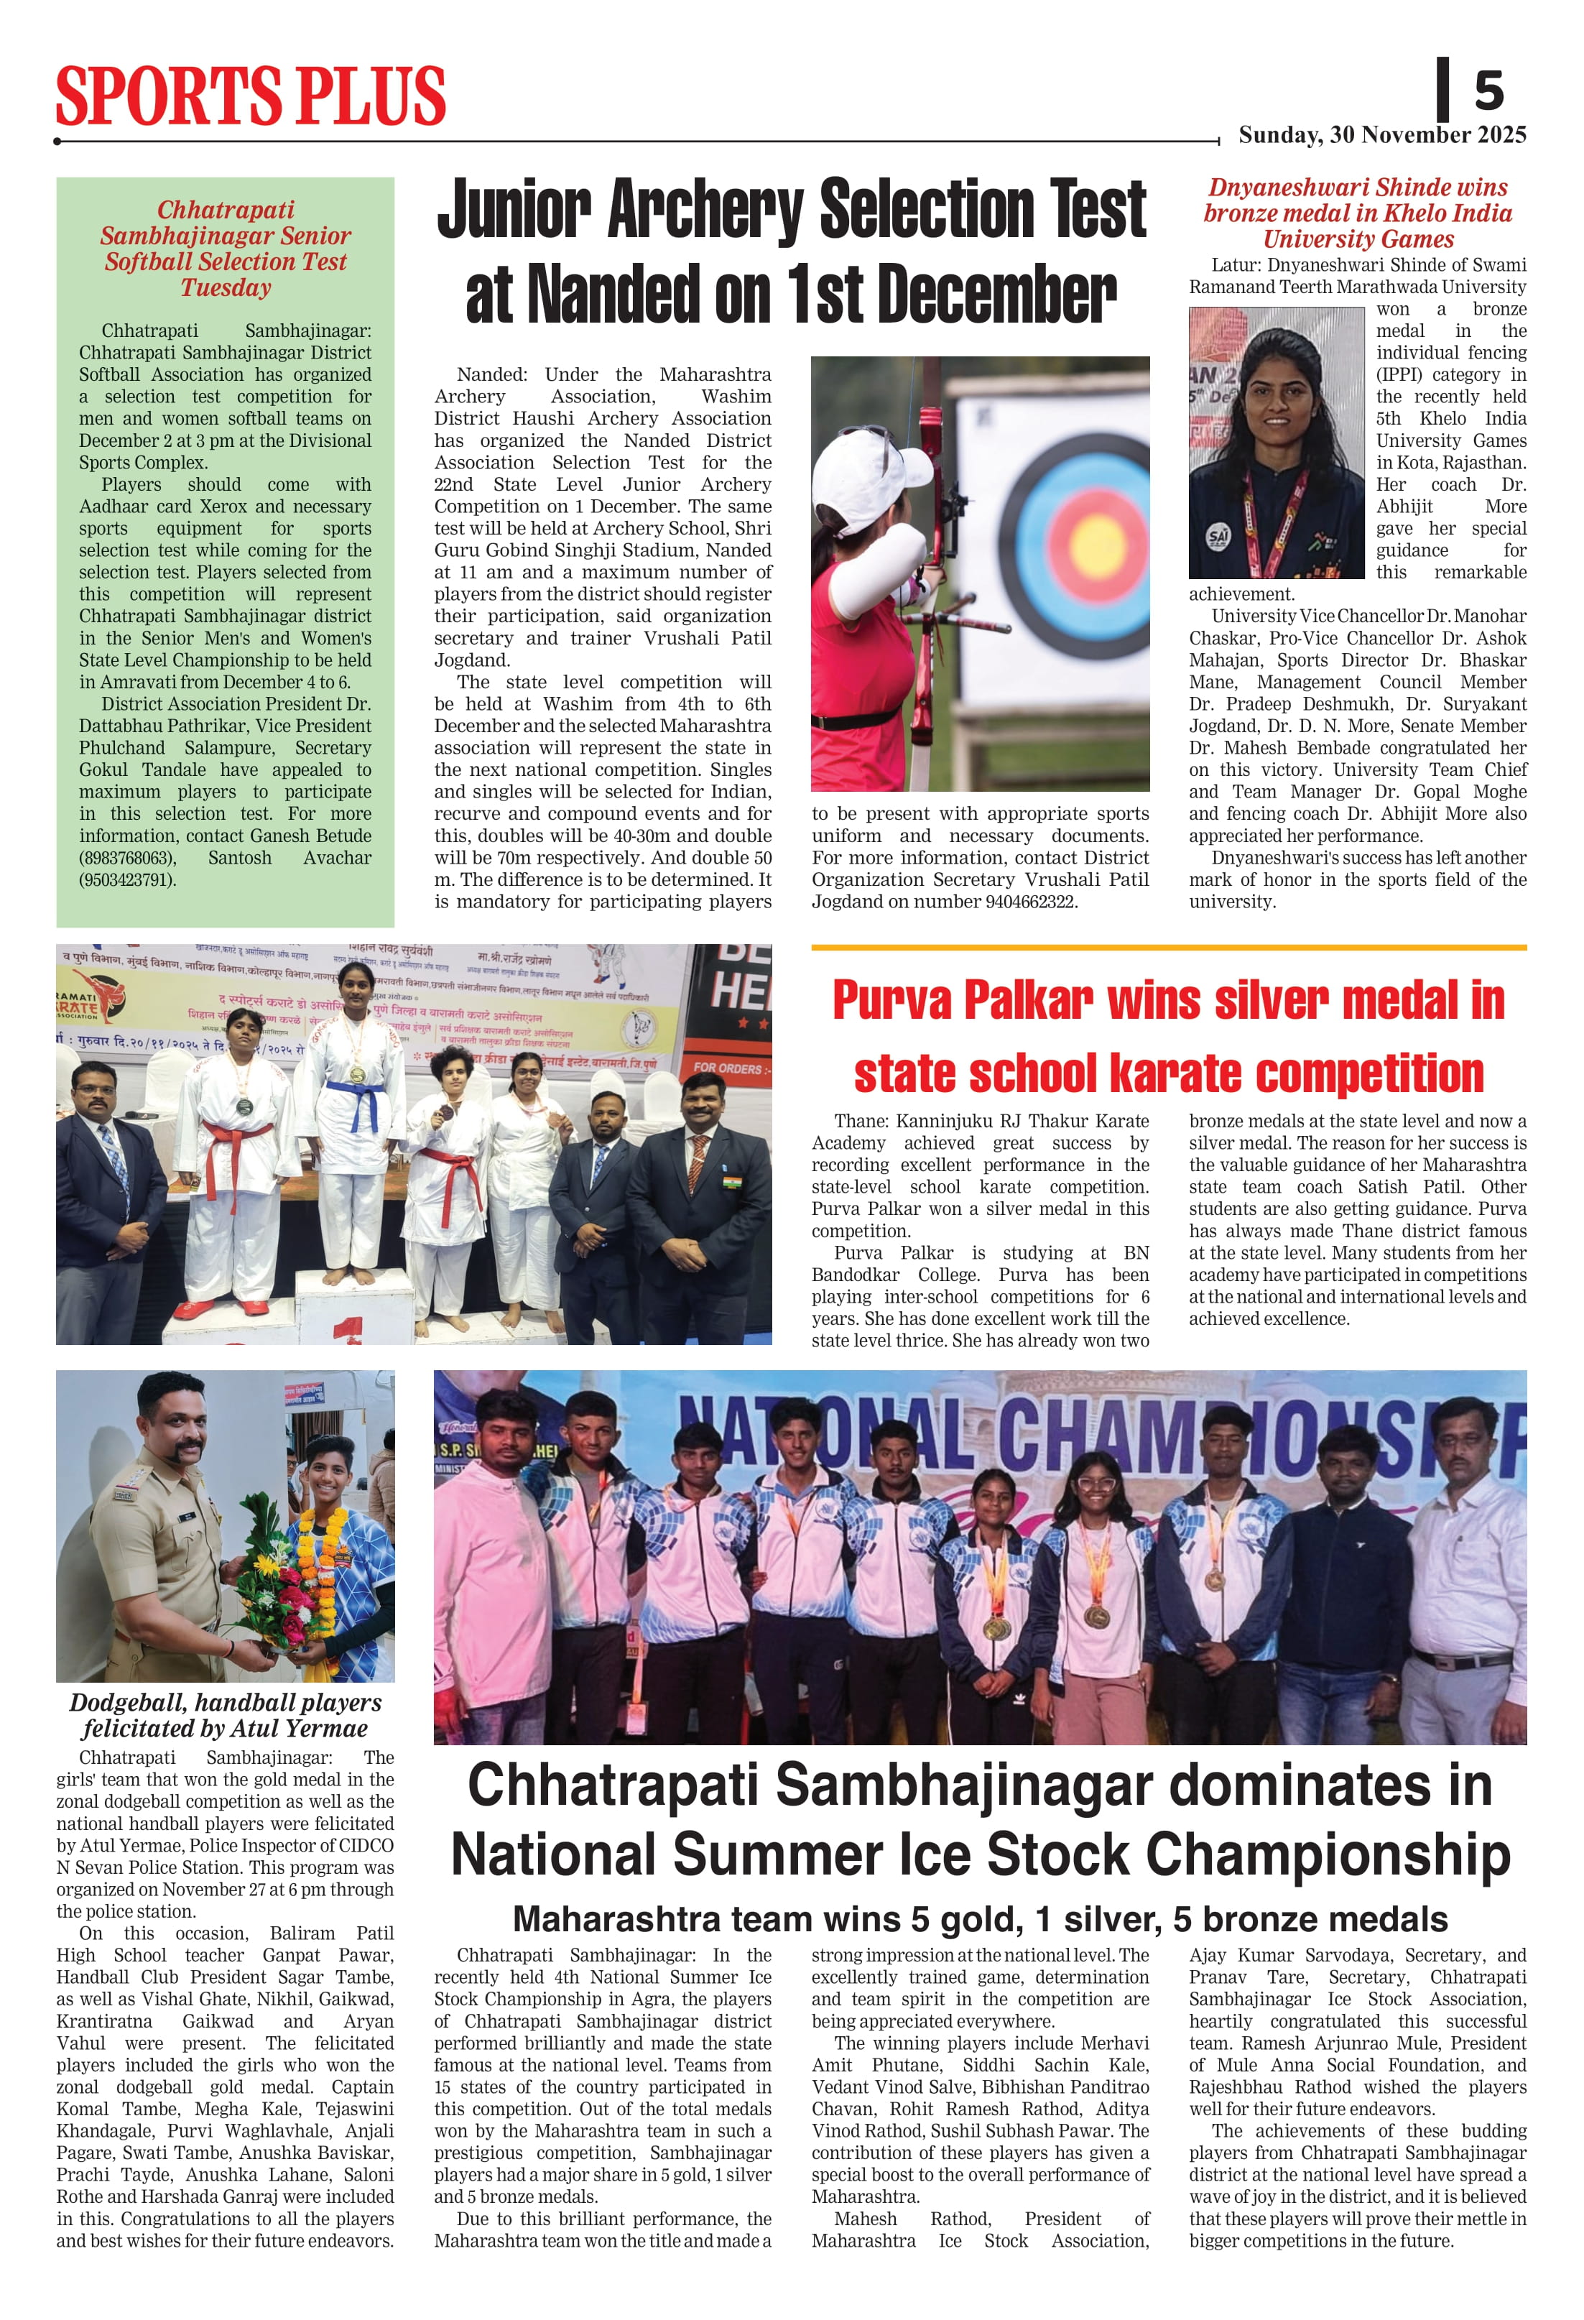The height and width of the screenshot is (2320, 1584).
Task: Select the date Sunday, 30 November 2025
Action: click(x=1381, y=135)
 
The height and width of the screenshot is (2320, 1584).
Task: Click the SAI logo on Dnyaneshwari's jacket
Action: click(x=1218, y=536)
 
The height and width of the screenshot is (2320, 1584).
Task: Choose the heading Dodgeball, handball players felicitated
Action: click(x=226, y=1715)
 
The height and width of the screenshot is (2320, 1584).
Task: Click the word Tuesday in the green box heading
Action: click(x=226, y=289)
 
